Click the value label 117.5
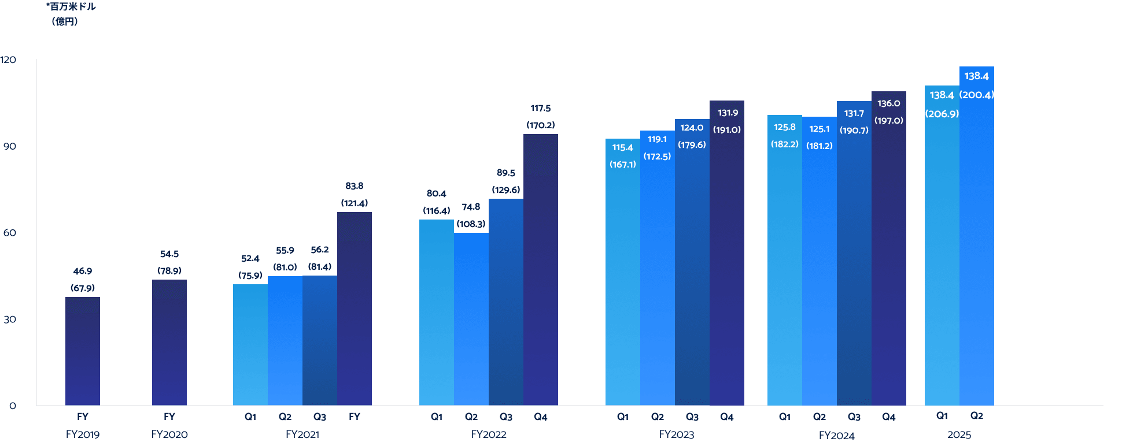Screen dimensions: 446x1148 (541, 108)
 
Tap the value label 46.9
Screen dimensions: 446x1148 (83, 271)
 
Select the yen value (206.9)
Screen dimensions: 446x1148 (942, 114)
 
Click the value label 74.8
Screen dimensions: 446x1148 (471, 207)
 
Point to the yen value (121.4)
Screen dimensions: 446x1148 (355, 203)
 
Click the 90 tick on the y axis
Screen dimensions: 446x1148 (10, 146)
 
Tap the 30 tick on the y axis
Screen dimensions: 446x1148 (10, 319)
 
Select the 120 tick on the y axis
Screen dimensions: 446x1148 (8, 60)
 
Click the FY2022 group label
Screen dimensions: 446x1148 (489, 434)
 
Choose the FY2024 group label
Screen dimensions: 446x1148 (837, 435)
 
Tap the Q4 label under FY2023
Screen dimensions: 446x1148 (727, 417)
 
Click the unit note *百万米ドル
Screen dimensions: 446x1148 (71, 6)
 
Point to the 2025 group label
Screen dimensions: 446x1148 (959, 434)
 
